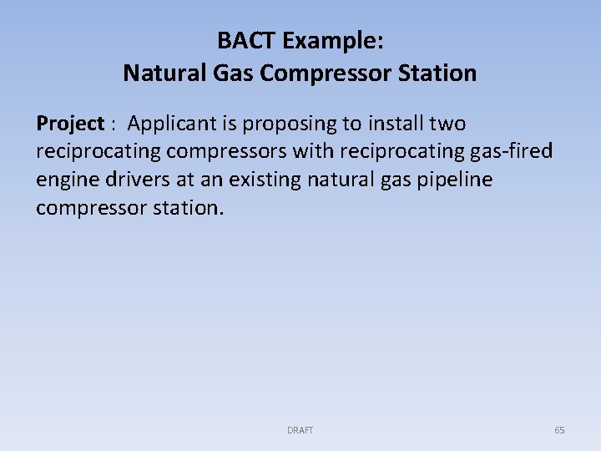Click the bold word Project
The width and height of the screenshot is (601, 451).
(69, 124)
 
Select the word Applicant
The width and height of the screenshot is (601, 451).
(173, 124)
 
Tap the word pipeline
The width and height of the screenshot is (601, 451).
(457, 180)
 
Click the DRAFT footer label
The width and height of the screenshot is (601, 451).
(300, 430)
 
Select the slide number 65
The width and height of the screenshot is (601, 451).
(559, 430)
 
